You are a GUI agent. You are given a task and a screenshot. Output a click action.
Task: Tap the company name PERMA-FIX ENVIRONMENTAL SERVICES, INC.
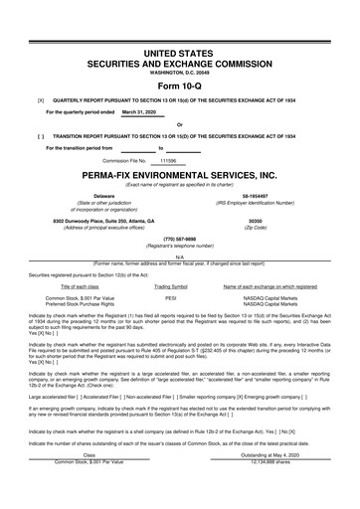pos(180,174)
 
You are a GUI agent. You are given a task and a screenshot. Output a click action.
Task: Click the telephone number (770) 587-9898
pos(180,239)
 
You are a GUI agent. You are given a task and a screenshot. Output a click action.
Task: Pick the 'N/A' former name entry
pos(180,257)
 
